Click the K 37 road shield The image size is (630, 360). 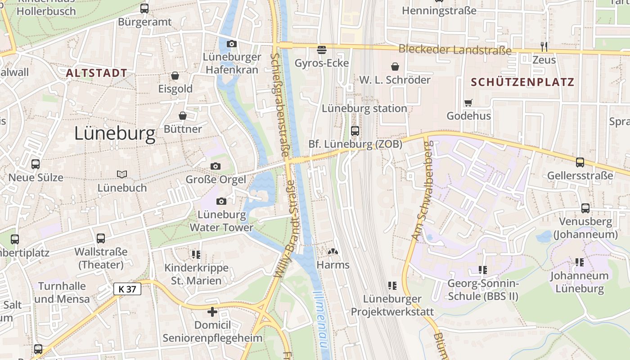[x=127, y=289]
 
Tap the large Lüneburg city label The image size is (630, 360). [x=115, y=134]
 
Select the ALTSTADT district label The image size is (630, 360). [x=96, y=73]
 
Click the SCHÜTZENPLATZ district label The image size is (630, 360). [x=522, y=82]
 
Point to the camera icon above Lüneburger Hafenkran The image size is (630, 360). [x=232, y=44]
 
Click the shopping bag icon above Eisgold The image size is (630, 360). [x=175, y=76]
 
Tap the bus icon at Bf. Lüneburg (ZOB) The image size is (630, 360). [x=355, y=131]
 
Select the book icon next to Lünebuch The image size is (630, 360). [x=121, y=174]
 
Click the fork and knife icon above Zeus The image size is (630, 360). [x=544, y=46]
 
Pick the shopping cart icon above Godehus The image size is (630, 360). [x=468, y=103]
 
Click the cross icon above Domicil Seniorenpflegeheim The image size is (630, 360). [x=212, y=311]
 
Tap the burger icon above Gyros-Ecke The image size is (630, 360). [x=322, y=49]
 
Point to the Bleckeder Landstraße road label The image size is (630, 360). [x=455, y=50]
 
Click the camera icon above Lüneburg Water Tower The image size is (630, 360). [x=221, y=201]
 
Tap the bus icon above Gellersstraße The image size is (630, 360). [x=580, y=162]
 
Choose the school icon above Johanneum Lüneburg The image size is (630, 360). [x=579, y=262]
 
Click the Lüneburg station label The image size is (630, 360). [x=364, y=108]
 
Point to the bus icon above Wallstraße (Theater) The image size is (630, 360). [x=101, y=238]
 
